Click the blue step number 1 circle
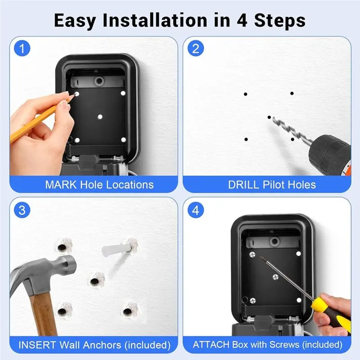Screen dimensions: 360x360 point(22,48)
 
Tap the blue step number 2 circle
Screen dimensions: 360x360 point(196,48)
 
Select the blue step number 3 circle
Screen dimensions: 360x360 point(22,210)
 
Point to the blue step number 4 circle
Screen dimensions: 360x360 point(196,210)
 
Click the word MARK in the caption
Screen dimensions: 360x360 point(61,184)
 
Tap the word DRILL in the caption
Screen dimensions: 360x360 point(244,184)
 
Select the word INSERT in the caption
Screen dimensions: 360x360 point(37,345)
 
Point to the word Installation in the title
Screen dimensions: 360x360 point(155,20)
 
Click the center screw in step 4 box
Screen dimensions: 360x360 point(275,277)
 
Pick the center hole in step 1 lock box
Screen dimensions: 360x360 point(100,117)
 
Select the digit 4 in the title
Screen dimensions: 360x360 point(242,20)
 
